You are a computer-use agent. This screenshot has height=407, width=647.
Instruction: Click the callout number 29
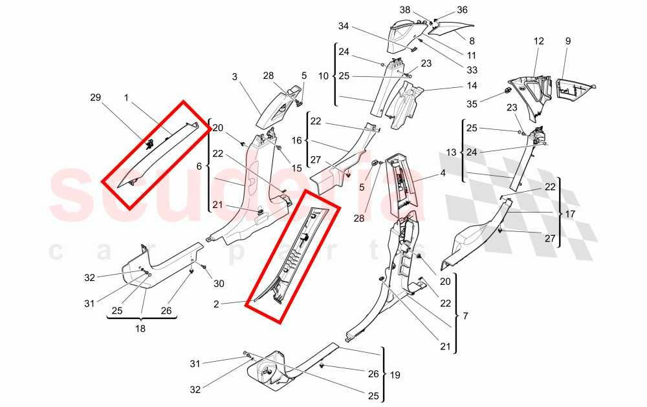(96, 97)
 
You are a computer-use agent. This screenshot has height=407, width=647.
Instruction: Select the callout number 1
(127, 97)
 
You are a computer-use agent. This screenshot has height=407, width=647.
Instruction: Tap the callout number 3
(236, 77)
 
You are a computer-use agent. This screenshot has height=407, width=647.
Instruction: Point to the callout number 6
(199, 166)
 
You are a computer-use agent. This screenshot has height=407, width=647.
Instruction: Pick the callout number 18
(140, 328)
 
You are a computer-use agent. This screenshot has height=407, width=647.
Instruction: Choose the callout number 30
(219, 283)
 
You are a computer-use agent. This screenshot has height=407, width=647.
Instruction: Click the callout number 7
(464, 317)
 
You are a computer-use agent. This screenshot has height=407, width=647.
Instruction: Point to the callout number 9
(567, 41)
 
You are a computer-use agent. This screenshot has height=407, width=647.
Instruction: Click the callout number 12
(538, 41)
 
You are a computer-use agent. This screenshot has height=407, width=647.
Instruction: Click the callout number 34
(343, 26)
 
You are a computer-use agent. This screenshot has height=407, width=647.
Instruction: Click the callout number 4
(443, 173)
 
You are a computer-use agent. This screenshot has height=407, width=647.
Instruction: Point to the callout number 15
(297, 168)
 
